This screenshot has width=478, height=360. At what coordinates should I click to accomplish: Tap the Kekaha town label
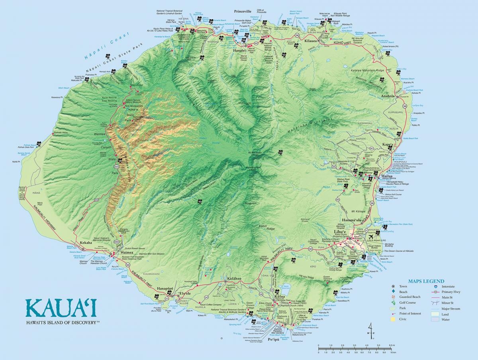[x=86, y=242]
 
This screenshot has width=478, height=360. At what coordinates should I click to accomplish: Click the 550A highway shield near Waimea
[x=116, y=242]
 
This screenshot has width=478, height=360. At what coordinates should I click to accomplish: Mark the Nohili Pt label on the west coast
[x=16, y=161]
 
